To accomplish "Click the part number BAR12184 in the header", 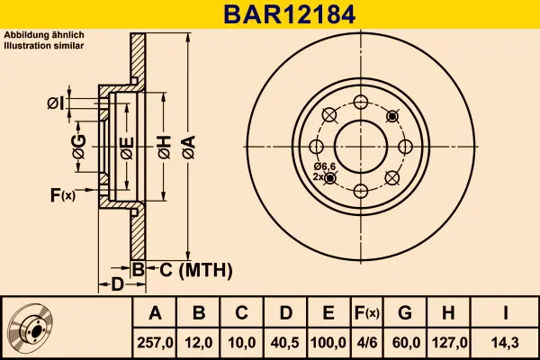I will point(270,14).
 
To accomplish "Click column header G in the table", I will point(405,313).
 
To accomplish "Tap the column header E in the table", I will point(328,313).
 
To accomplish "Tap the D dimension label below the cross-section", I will point(117,285).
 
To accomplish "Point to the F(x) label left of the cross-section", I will point(62,194).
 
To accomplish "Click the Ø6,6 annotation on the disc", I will point(324,166).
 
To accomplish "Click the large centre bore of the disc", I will point(361,146).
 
